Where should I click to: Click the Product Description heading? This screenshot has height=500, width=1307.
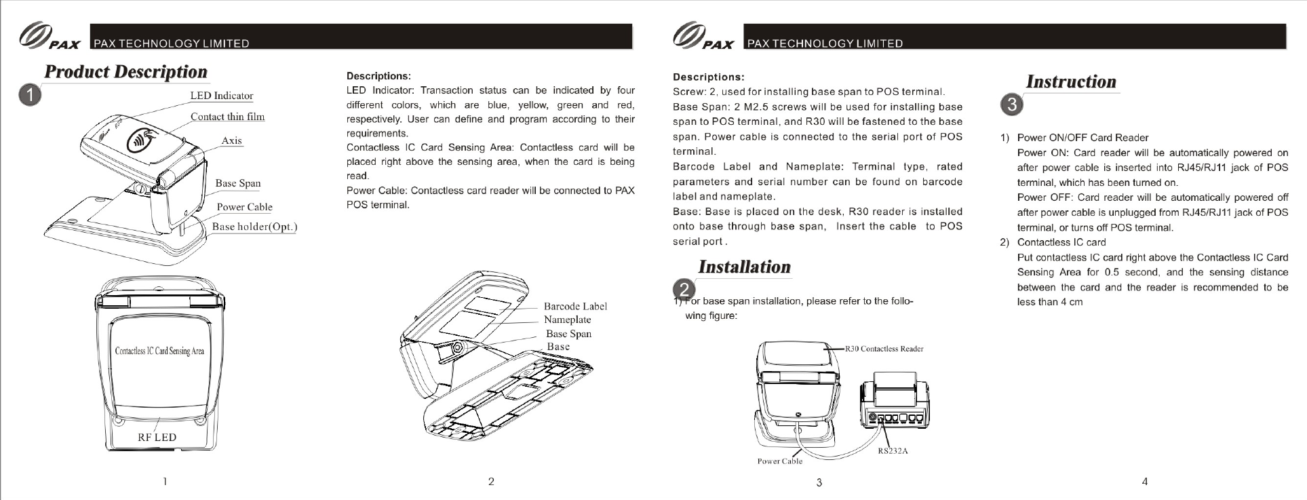pyautogui.click(x=126, y=72)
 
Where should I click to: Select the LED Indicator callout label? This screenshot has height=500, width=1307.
pyautogui.click(x=221, y=96)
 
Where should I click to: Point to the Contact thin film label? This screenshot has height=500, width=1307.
pyautogui.click(x=227, y=117)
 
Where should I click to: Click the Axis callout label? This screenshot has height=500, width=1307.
pyautogui.click(x=231, y=140)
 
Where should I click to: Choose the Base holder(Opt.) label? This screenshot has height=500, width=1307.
pyautogui.click(x=254, y=227)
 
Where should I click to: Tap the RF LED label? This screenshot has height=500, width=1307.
pyautogui.click(x=157, y=437)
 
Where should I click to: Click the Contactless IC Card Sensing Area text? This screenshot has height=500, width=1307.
pyautogui.click(x=159, y=351)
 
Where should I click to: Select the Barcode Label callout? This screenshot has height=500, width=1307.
pyautogui.click(x=575, y=307)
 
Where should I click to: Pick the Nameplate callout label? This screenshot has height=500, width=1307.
pyautogui.click(x=567, y=320)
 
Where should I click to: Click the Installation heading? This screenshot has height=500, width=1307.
pyautogui.click(x=744, y=267)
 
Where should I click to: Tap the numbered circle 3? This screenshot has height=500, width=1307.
pyautogui.click(x=1011, y=105)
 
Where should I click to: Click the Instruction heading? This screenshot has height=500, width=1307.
pyautogui.click(x=1071, y=82)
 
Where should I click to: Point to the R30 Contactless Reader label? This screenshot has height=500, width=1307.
pyautogui.click(x=884, y=349)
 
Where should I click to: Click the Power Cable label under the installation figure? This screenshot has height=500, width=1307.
pyautogui.click(x=779, y=461)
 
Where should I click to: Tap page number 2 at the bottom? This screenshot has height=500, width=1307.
pyautogui.click(x=491, y=482)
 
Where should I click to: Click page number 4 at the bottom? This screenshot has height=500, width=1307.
pyautogui.click(x=1145, y=482)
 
